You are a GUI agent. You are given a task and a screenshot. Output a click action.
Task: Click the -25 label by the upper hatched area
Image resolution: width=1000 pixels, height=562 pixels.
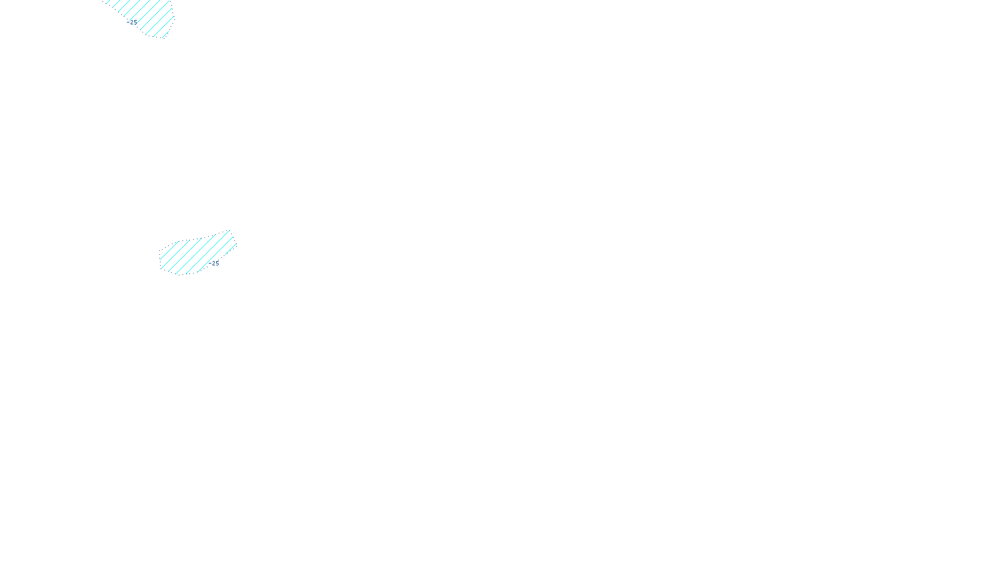point(132,22)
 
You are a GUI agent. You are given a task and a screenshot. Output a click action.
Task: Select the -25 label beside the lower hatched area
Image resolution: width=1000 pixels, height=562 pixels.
point(214,264)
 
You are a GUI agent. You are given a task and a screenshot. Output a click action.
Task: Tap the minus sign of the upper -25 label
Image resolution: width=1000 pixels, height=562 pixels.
point(128,22)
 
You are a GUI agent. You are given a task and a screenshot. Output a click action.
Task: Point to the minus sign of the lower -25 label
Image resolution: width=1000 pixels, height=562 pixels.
point(210,263)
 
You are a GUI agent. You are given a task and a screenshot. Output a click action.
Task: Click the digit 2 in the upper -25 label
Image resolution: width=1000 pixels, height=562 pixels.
point(132,22)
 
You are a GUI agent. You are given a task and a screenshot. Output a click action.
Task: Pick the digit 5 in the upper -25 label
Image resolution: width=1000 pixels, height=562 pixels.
point(136,22)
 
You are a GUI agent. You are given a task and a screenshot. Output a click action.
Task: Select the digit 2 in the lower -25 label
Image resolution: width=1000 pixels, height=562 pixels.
point(213,264)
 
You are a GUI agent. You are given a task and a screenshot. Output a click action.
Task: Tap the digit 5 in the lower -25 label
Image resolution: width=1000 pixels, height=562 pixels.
point(217,264)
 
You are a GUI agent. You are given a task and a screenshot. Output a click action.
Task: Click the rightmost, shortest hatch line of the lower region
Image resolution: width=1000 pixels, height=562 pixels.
point(231,249)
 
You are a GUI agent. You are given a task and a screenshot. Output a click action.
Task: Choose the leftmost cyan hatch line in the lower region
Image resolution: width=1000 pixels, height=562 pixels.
point(169,250)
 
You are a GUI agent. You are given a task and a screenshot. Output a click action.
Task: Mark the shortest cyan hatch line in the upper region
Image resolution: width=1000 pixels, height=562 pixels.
point(165,35)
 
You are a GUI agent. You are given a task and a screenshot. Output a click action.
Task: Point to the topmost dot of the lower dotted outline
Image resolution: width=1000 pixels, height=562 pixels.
point(229,230)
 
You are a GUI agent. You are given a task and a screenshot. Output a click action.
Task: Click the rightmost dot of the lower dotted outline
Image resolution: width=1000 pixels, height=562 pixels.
point(237,244)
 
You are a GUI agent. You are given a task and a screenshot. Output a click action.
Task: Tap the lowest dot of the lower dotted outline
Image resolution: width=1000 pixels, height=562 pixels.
point(179,275)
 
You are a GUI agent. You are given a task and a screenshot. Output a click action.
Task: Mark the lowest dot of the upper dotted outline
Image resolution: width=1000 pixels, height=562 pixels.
point(163,38)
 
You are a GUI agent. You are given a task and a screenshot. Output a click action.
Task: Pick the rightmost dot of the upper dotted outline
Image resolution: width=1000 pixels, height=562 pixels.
point(174,19)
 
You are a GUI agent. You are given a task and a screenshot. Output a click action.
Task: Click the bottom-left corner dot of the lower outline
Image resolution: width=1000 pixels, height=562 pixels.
point(161,269)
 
